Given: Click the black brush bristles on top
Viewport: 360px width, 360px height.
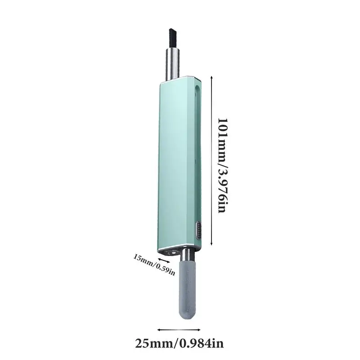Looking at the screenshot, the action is pos(173,39).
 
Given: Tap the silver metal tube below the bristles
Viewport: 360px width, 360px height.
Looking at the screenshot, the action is pos(173,64).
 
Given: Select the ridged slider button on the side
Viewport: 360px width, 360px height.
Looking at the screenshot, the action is pos(198,230).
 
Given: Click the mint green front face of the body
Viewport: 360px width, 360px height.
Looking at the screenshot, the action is pos(175,165).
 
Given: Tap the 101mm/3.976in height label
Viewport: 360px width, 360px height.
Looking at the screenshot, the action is pos(222,165).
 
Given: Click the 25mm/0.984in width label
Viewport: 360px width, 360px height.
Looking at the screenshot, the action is pos(179,343).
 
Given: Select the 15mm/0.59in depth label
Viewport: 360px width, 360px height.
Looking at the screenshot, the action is pos(154,265).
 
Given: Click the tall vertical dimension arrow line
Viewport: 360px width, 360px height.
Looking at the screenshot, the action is pos(211,161).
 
